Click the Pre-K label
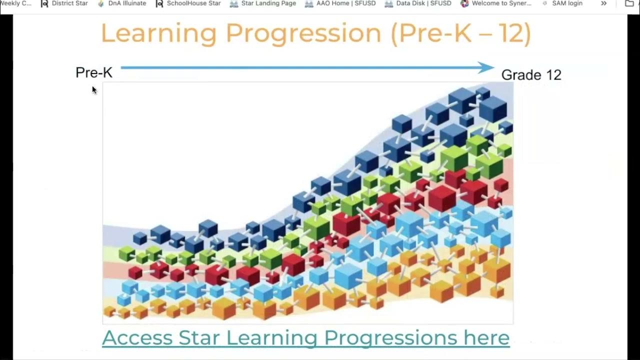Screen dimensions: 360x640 94,72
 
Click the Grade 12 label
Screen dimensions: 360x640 531,75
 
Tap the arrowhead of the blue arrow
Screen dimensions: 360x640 486,67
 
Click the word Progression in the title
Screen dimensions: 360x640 303,33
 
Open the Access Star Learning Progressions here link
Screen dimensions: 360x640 305,337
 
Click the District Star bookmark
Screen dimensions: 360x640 64,3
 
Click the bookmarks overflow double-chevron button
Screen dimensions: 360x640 604,3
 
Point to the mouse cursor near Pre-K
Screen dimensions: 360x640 94,89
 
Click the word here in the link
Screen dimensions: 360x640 486,337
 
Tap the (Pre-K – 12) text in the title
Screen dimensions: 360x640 460,33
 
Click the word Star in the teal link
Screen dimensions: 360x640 199,337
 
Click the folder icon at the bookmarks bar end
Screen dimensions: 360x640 629,3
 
